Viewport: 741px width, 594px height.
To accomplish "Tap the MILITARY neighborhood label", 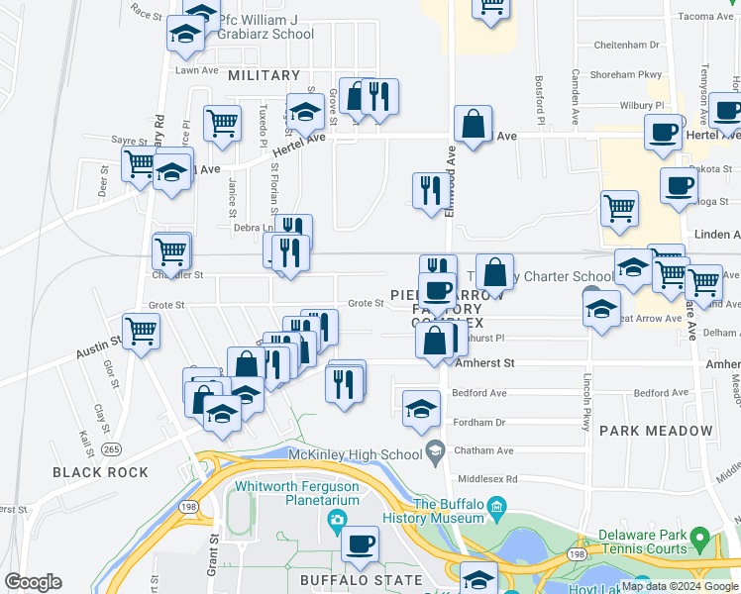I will point(264,75).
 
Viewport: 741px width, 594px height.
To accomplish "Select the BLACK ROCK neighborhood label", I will point(100,472).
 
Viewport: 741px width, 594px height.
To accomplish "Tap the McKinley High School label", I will point(354,454).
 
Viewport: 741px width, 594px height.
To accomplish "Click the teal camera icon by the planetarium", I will point(339,520).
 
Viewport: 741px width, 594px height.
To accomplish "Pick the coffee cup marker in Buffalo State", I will point(361,544).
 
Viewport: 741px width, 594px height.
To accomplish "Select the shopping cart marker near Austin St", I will point(141,330).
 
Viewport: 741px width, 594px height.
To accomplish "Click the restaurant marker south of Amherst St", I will point(342,381).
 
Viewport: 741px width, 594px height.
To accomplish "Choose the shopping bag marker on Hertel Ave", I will point(474,126).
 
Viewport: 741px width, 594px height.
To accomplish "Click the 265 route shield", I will point(111,449).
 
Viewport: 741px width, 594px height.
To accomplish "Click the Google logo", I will point(33,582).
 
